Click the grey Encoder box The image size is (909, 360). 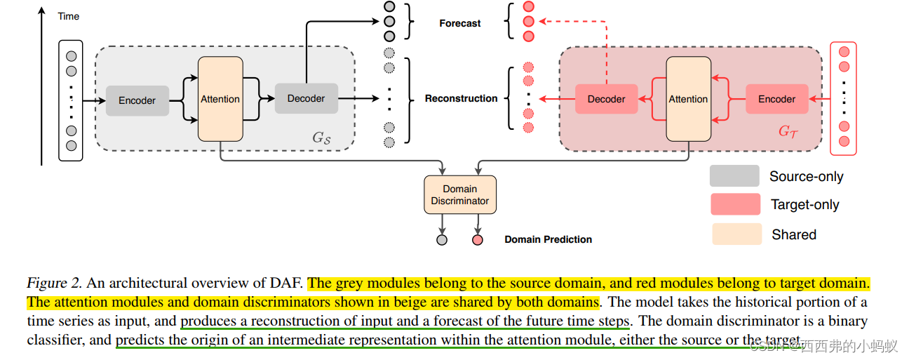[x=137, y=100]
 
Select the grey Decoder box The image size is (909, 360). [x=307, y=99]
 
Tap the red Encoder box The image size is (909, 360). [x=777, y=99]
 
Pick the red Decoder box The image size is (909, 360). [x=607, y=99]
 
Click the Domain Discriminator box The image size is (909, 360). [x=460, y=195]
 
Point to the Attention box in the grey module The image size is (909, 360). [x=220, y=99]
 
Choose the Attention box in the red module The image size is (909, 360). [x=689, y=99]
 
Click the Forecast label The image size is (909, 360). [x=460, y=24]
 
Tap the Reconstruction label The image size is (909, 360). [x=461, y=99]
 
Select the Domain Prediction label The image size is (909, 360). [x=548, y=239]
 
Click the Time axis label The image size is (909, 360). [x=68, y=17]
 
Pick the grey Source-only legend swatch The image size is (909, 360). [x=734, y=175]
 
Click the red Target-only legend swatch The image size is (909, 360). [x=735, y=204]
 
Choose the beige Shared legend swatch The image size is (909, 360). [x=737, y=234]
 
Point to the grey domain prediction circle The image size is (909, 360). [x=442, y=240]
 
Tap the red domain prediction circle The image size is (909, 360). [x=478, y=240]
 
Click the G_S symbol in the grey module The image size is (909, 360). [x=321, y=138]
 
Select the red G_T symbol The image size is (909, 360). [x=788, y=131]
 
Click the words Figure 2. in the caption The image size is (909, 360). [x=55, y=283]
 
